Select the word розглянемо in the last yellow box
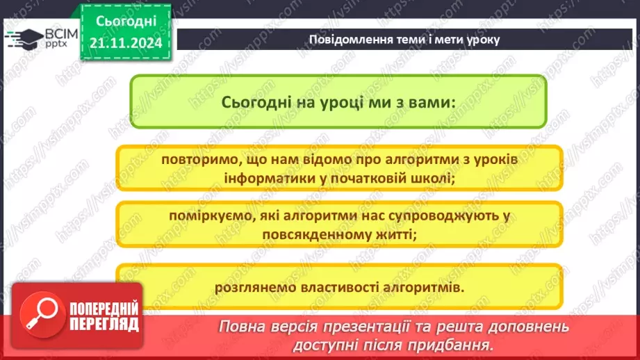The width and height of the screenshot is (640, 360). pos(252,286)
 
